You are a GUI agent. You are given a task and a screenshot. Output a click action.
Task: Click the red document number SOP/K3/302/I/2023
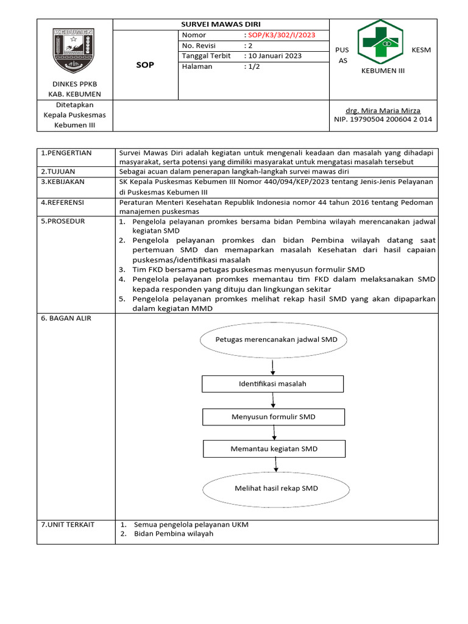(x=281, y=35)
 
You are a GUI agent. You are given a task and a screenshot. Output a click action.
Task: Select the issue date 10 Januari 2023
(x=274, y=56)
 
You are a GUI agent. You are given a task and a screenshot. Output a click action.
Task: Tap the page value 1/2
(x=250, y=66)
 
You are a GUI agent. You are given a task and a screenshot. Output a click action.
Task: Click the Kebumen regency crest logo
(x=74, y=50)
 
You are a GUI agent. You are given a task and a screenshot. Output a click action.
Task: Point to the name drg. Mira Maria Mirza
(x=383, y=111)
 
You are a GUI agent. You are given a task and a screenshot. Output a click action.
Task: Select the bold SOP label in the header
(x=145, y=65)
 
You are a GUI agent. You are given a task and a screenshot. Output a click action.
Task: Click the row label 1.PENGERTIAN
(x=66, y=153)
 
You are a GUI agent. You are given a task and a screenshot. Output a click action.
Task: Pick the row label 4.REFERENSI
(x=62, y=202)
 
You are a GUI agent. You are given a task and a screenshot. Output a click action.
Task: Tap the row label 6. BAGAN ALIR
(x=66, y=319)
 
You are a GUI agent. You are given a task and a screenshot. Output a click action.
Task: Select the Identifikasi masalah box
(x=272, y=384)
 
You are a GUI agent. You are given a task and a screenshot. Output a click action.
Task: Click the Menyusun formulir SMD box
(x=273, y=417)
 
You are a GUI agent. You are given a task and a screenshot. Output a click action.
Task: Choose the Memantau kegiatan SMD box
(x=274, y=449)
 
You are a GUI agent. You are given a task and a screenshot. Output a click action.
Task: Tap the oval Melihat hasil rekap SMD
(x=276, y=488)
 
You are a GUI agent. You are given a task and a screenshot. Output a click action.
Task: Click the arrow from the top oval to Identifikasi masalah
(x=272, y=366)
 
